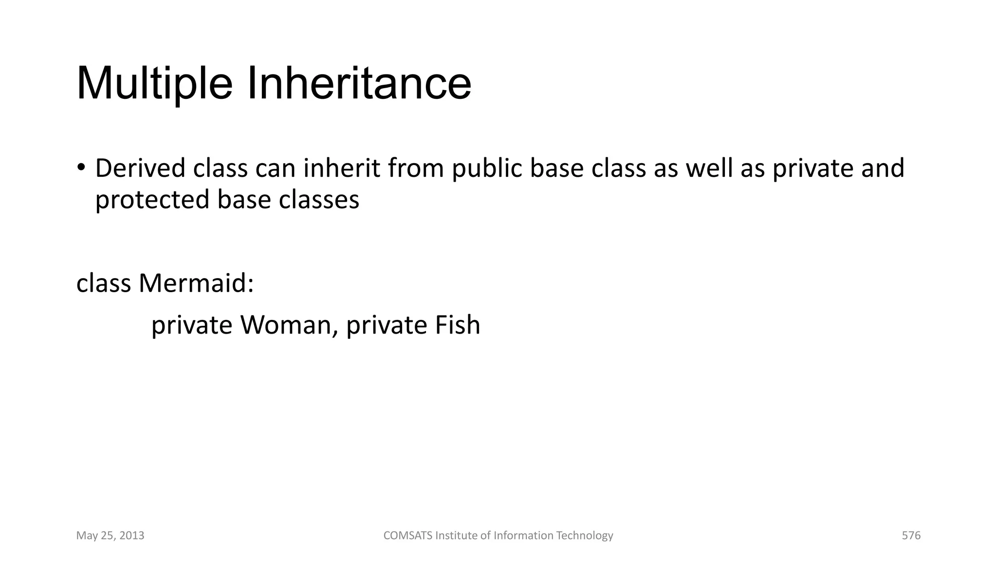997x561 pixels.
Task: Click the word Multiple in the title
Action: pos(154,84)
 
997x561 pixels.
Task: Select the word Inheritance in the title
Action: pos(359,84)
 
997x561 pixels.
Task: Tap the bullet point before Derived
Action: pos(81,167)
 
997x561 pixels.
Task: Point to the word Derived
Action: pos(140,168)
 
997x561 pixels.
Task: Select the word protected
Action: pos(152,200)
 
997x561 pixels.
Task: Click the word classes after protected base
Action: pos(319,200)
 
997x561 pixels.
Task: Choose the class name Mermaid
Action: pos(196,283)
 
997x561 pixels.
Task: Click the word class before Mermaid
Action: pos(104,283)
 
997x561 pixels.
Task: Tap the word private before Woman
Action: pos(192,326)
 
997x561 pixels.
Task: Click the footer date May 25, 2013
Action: pos(111,536)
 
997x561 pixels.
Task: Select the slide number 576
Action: pos(911,536)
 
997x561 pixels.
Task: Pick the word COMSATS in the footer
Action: pos(407,536)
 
